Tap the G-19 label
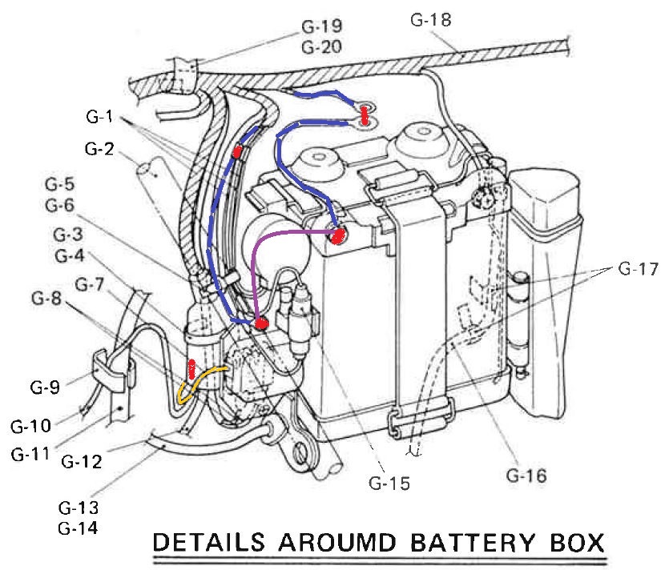pos(322,25)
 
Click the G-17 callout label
pos(639,268)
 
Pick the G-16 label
pos(526,476)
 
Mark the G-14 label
pos(79,528)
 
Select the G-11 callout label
pos(31,454)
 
